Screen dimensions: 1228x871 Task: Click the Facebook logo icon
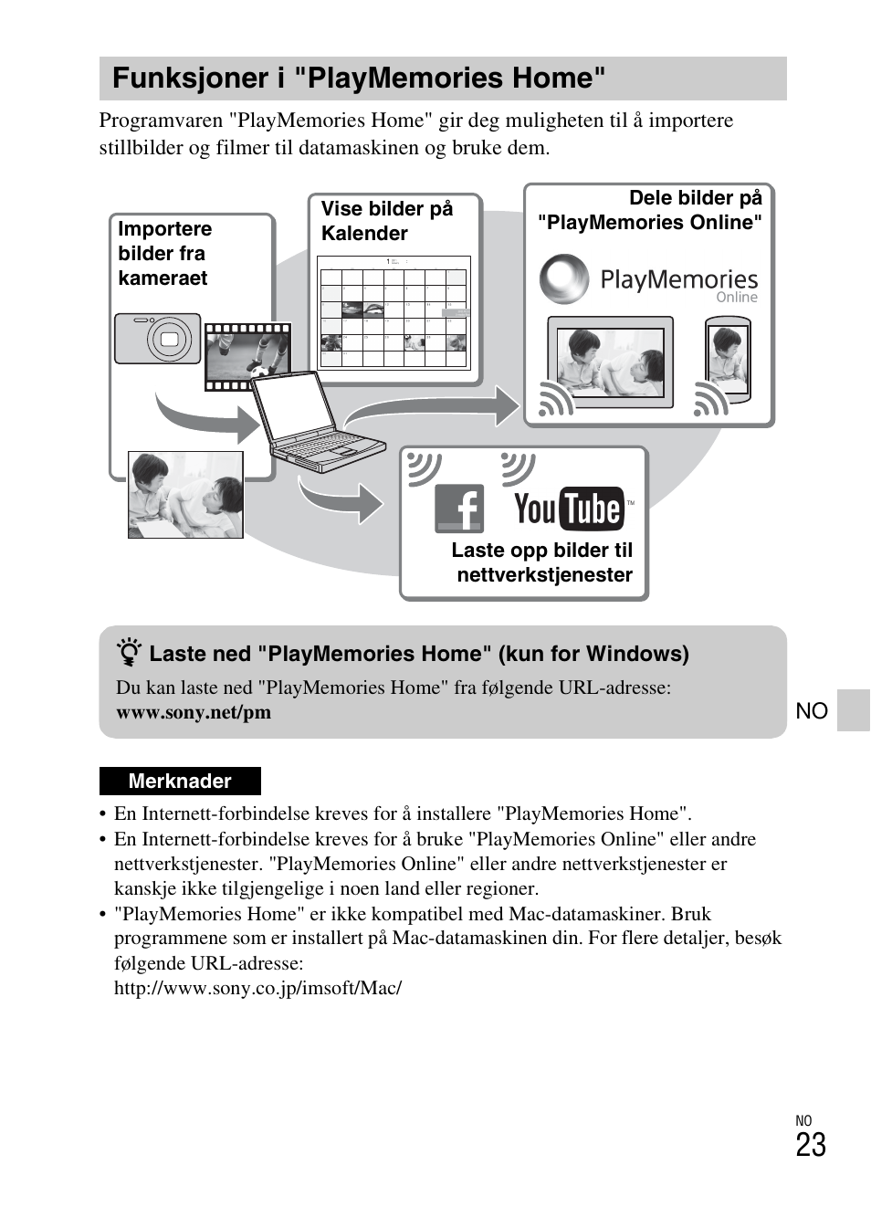pos(458,508)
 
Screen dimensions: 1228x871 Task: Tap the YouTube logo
pos(570,509)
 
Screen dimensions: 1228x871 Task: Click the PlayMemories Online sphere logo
pos(563,278)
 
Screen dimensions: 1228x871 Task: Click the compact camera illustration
pos(157,339)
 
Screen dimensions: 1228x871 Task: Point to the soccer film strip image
pos(247,356)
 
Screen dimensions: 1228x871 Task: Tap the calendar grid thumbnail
pos(394,311)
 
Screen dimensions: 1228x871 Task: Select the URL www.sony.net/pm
pos(194,712)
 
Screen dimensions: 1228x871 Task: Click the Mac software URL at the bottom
pos(257,988)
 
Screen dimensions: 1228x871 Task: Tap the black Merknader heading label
pos(180,781)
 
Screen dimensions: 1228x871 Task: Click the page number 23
pos(810,1145)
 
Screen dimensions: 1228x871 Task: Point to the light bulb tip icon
pos(130,654)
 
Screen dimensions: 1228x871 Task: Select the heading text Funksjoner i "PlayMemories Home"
pos(359,79)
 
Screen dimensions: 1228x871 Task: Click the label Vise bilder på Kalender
pos(386,221)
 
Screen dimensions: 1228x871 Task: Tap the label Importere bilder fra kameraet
pos(164,253)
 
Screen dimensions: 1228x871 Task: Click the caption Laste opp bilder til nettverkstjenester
pos(543,562)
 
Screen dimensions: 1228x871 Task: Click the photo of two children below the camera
pos(185,494)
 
